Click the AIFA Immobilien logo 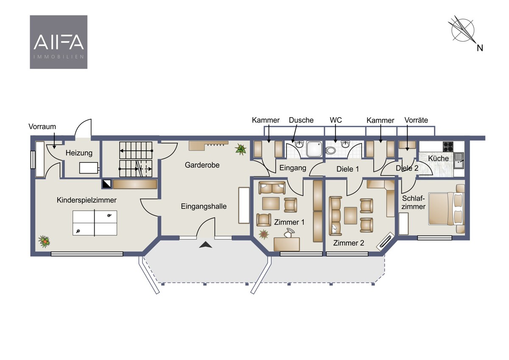click(59, 42)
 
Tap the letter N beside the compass click(480, 48)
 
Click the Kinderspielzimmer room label click(87, 200)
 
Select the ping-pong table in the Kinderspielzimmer click(95, 223)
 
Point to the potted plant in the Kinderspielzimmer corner click(44, 241)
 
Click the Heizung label click(79, 153)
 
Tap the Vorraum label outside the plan click(42, 127)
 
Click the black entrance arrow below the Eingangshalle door click(206, 245)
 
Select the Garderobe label click(202, 165)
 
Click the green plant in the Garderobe click(241, 149)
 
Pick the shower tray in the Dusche click(314, 149)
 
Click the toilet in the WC click(330, 150)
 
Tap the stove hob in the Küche click(448, 147)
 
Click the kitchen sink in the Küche click(459, 161)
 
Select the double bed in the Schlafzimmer click(446, 209)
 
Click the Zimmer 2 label click(349, 243)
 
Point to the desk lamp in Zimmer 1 click(289, 233)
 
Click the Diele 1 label click(348, 169)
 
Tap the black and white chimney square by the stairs click(107, 184)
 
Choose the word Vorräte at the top click(416, 120)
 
